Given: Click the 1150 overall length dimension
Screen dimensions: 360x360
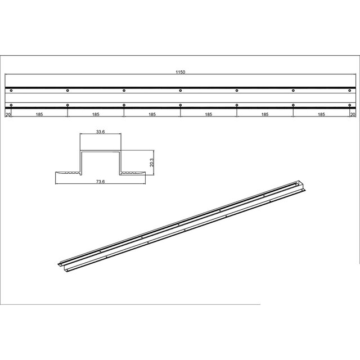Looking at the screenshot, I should coord(180,73).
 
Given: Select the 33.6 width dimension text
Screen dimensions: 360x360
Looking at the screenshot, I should coord(101,132).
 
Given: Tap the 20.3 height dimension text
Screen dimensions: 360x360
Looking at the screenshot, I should coord(152,162).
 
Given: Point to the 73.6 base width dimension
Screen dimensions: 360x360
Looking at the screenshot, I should coord(101,182).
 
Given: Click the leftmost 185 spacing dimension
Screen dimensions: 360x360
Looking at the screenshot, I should coord(39,114).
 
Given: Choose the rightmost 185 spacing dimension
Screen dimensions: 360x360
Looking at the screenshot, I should coord(321,114).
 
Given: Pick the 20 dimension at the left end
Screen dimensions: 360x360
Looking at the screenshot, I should coord(8,114).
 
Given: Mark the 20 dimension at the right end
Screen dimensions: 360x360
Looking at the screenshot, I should coord(353,114).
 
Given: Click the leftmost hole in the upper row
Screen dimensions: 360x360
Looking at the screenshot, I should coord(11,90).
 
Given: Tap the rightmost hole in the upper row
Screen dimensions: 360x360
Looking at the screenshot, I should coord(350,90).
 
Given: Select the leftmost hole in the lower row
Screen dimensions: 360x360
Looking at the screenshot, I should coord(11,105).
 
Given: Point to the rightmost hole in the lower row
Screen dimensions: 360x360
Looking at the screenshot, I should coord(350,105).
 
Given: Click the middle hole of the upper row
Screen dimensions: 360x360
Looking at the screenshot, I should coord(181,90).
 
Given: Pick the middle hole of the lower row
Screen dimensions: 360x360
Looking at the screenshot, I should coord(181,105).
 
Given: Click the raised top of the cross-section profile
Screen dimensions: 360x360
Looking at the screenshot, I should coord(101,152).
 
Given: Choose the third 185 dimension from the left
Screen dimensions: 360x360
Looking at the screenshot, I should coord(152,114).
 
